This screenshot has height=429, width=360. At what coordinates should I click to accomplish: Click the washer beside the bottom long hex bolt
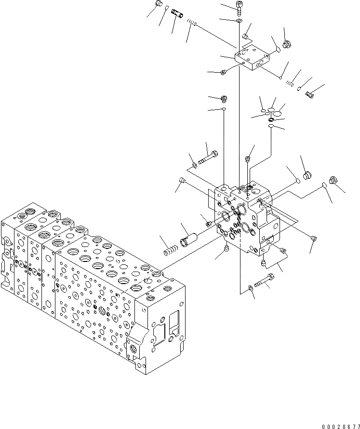pos(251,288)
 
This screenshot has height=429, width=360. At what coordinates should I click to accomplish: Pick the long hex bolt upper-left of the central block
pos(209,157)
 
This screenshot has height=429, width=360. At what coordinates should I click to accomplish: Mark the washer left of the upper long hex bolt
pos(194,166)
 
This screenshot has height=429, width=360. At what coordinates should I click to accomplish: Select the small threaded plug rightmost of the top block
pos(310,95)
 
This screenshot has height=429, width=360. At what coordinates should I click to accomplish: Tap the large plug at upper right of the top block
pos(287,45)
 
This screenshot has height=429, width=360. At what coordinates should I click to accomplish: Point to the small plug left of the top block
pos(224,73)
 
